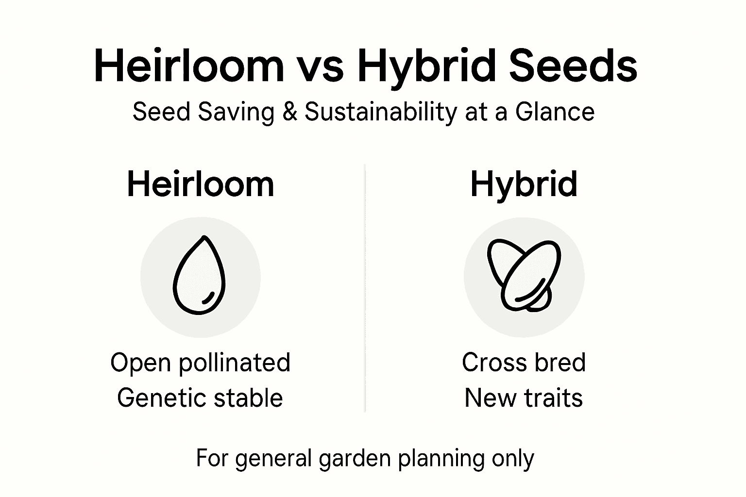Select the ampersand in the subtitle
[289, 112]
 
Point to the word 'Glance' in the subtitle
[555, 112]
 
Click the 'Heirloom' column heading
[201, 184]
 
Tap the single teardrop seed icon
[199, 275]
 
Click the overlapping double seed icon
[524, 275]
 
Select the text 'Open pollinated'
[200, 363]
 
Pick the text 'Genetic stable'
[200, 398]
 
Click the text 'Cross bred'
[524, 362]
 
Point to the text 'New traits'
[524, 398]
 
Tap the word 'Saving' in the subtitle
[236, 113]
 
